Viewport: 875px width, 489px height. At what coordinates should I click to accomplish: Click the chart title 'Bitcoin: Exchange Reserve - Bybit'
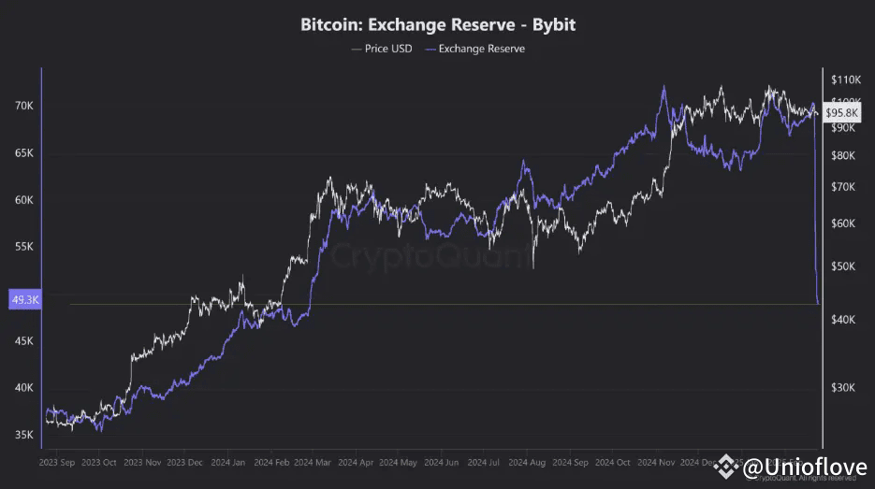437,24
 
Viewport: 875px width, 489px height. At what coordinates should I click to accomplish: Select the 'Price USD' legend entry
384,49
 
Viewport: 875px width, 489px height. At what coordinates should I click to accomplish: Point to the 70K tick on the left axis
22,107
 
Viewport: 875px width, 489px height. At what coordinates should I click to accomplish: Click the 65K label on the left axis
22,153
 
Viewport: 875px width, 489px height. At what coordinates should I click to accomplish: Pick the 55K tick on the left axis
22,248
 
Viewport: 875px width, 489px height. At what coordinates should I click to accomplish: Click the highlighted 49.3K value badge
22,300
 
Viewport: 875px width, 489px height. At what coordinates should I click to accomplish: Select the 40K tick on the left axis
22,388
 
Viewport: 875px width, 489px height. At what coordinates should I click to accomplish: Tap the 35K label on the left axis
22,435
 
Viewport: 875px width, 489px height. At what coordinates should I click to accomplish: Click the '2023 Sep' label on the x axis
57,463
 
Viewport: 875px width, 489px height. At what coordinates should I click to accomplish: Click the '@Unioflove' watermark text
804,467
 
